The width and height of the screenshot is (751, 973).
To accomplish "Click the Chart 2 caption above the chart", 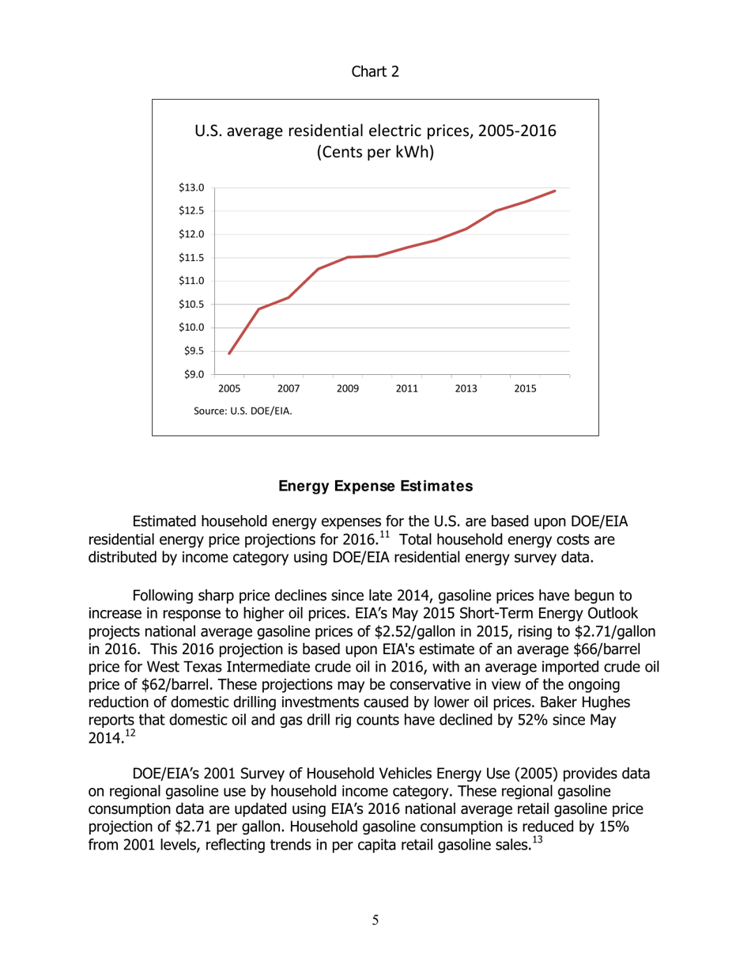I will (x=375, y=72).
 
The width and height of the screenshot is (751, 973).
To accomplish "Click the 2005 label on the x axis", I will (x=229, y=388).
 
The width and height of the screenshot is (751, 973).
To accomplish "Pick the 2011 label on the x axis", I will (x=406, y=388).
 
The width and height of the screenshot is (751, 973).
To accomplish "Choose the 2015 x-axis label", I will (x=525, y=388).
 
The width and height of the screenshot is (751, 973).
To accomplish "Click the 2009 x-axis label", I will (x=347, y=388).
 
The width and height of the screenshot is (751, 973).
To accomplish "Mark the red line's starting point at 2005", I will (x=229, y=354).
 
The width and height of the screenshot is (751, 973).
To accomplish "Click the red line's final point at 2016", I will (x=555, y=191).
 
